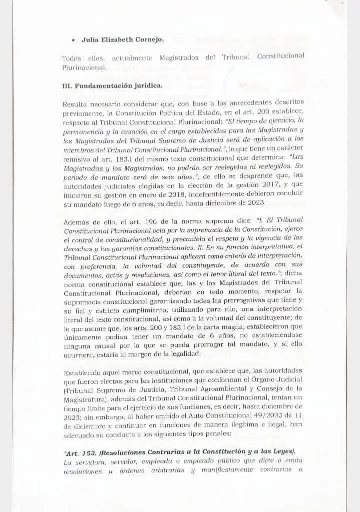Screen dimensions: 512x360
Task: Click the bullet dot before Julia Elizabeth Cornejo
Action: coord(74,39)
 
